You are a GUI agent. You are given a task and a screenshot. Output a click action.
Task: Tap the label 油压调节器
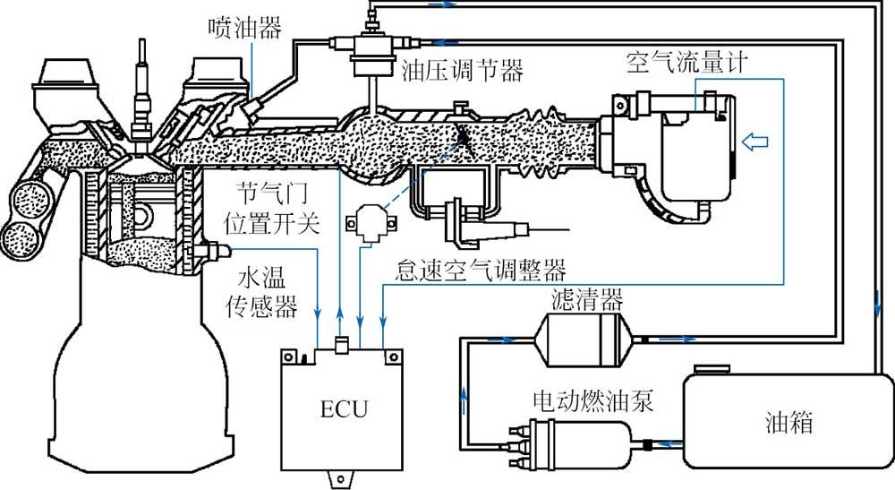tap(464, 70)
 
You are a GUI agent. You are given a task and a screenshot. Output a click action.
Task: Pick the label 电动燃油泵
tap(592, 400)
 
